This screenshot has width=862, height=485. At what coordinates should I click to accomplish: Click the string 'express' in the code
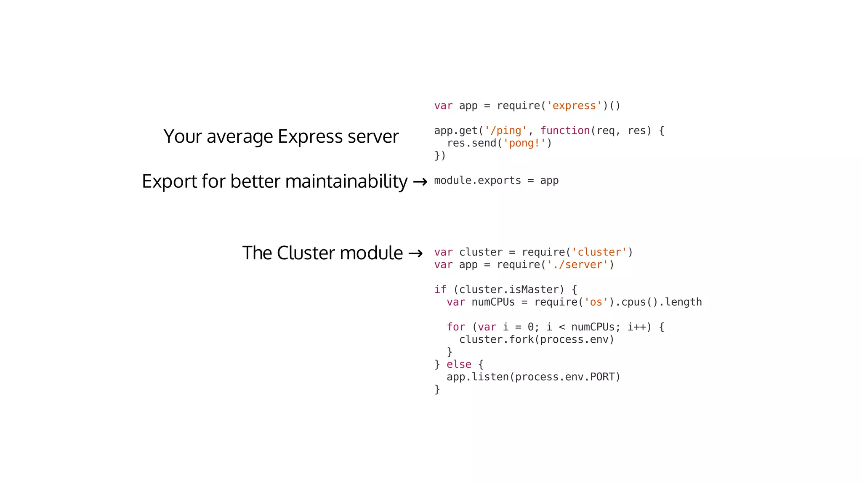click(574, 106)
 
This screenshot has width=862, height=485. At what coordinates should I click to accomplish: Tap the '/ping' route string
click(505, 131)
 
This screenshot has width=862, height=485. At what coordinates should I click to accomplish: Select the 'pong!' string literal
click(524, 143)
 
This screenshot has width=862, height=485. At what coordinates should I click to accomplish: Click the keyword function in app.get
click(565, 131)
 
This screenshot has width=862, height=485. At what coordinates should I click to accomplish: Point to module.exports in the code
click(477, 181)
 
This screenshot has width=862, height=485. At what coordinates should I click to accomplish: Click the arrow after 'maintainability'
click(420, 182)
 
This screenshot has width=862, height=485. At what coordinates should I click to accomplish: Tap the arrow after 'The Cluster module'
click(415, 253)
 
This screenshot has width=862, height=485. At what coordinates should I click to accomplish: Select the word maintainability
click(346, 181)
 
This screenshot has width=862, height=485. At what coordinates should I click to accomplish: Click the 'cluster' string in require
click(599, 252)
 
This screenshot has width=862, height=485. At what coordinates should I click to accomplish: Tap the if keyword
click(440, 290)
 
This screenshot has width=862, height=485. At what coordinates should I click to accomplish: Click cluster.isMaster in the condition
click(509, 290)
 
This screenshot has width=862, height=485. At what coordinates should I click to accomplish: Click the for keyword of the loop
click(456, 327)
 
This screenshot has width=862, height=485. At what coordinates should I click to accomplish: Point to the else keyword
click(459, 365)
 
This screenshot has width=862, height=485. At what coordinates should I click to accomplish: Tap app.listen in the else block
click(478, 377)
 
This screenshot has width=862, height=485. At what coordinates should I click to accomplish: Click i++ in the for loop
click(636, 327)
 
